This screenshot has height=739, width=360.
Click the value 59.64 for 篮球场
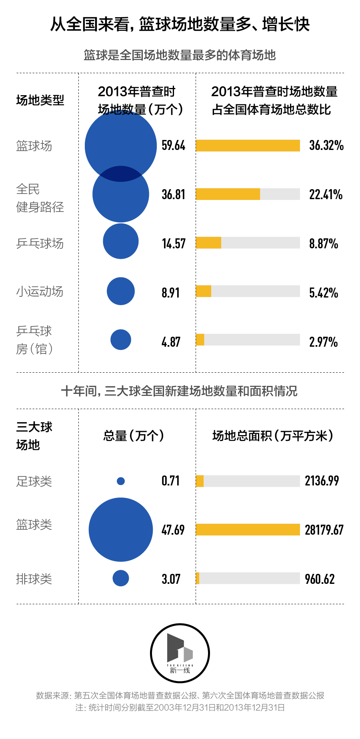pyautogui.click(x=173, y=145)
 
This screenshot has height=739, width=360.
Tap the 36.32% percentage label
pyautogui.click(x=326, y=145)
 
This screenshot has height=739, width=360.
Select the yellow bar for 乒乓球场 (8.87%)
pyautogui.click(x=208, y=243)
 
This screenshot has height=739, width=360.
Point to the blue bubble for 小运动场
pyautogui.click(x=121, y=291)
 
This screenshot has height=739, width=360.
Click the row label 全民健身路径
pyautogui.click(x=40, y=198)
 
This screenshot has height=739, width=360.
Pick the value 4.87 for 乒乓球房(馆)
pyautogui.click(x=171, y=342)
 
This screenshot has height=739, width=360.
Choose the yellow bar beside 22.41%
pyautogui.click(x=228, y=194)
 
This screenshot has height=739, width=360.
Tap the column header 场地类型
pyautogui.click(x=40, y=100)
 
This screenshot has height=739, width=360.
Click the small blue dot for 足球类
pyautogui.click(x=121, y=481)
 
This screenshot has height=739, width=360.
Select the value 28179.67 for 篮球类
pyautogui.click(x=324, y=530)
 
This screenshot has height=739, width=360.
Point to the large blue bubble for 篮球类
pyautogui.click(x=121, y=529)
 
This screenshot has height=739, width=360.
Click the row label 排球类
pyautogui.click(x=34, y=579)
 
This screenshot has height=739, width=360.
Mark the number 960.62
pyautogui.click(x=320, y=579)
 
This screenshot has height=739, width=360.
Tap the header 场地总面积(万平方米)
pyautogui.click(x=272, y=435)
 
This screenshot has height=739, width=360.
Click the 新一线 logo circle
pyautogui.click(x=180, y=653)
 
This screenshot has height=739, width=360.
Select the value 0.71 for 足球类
pyautogui.click(x=170, y=481)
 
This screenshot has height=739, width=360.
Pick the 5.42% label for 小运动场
pyautogui.click(x=324, y=293)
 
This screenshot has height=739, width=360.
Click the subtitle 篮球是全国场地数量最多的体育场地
pyautogui.click(x=180, y=55)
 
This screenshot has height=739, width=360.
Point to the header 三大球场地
pyautogui.click(x=34, y=436)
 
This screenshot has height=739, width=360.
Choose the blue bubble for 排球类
pyautogui.click(x=121, y=578)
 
